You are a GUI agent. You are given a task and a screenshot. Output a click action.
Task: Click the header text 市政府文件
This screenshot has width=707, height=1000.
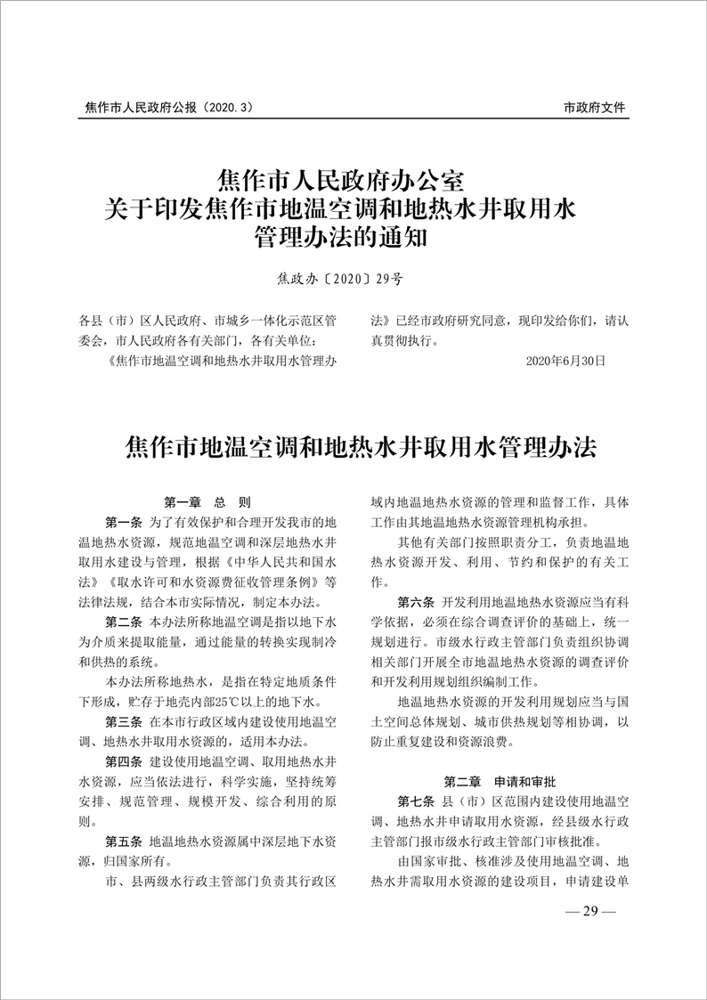click(x=595, y=108)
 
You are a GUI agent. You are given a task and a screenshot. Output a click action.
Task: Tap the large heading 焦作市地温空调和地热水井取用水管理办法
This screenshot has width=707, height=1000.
click(x=353, y=446)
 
